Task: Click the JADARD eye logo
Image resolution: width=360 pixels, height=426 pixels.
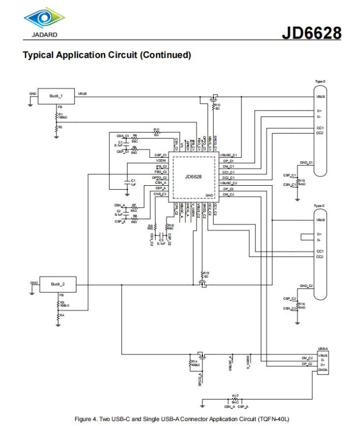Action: coord(44,19)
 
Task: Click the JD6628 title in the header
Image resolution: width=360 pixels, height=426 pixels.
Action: coord(311,33)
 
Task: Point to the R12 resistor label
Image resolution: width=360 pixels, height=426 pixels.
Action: coord(217,105)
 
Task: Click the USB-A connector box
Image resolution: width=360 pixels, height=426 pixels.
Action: coord(323,362)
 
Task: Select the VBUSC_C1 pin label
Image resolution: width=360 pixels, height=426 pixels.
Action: coord(228,155)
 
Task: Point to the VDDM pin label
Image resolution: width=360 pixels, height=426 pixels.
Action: coord(160,160)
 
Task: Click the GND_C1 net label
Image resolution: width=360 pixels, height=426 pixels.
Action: coord(306,163)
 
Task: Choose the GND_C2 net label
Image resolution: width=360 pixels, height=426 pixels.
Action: coord(306,286)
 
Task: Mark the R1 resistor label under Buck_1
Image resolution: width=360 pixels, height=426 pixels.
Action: coord(61,115)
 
